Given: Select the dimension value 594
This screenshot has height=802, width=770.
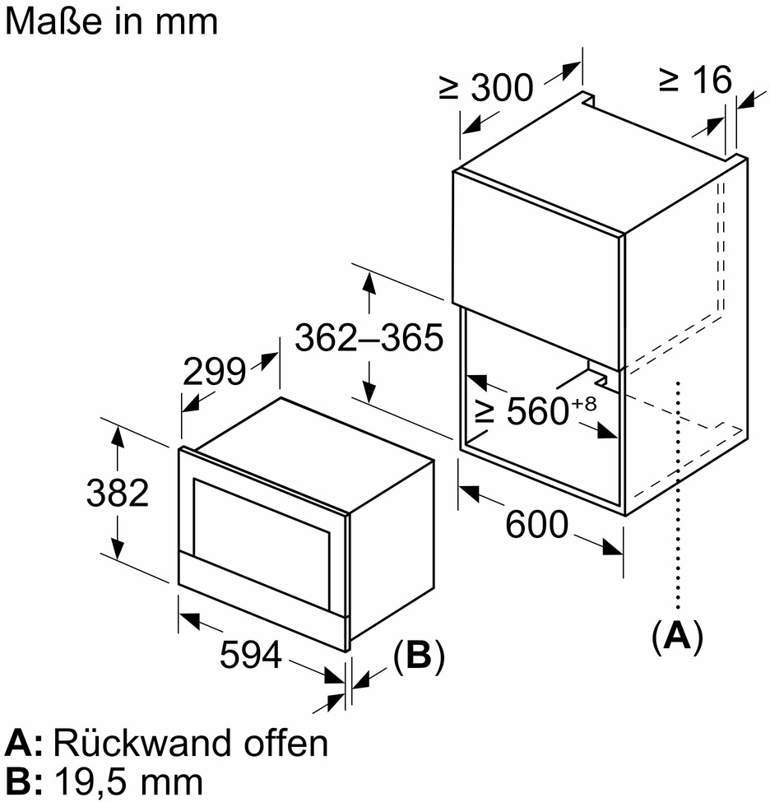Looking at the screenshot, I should [252, 656].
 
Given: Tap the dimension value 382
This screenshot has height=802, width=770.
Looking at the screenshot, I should [118, 493].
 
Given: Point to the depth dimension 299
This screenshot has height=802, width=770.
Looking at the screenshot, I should [215, 373].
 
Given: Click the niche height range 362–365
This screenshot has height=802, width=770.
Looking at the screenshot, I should [369, 337].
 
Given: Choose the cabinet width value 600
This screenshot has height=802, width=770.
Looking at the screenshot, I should [536, 524].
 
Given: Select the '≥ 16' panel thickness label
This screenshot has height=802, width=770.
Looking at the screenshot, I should [695, 80].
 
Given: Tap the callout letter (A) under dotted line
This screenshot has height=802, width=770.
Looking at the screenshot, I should [677, 636].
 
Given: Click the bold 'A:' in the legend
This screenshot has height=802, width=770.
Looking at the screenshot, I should [24, 744].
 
